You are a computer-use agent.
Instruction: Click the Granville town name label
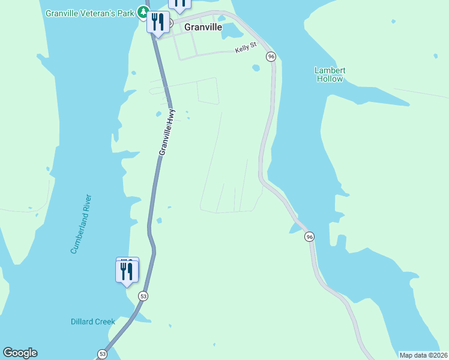point(203,27)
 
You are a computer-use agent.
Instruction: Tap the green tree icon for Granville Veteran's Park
point(143,12)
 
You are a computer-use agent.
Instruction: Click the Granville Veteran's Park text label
point(90,13)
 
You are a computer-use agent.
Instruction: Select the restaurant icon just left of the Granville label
point(158,23)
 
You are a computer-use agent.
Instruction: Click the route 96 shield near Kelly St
point(271,56)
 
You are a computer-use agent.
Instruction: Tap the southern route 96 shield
point(309,237)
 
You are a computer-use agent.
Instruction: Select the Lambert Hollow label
point(330,74)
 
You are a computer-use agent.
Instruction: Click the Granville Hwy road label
point(167,132)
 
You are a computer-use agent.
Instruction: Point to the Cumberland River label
point(80,224)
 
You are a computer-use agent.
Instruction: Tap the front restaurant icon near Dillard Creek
point(127,272)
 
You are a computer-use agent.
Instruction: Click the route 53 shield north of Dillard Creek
point(143,296)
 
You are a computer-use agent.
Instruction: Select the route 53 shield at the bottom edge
point(103,353)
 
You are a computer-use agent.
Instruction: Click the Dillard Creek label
point(92,322)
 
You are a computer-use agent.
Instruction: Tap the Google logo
point(20,353)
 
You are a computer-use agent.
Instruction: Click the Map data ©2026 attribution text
point(423,355)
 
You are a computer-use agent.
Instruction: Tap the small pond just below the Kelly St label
point(256,67)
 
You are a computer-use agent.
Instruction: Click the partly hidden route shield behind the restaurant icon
point(170,23)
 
